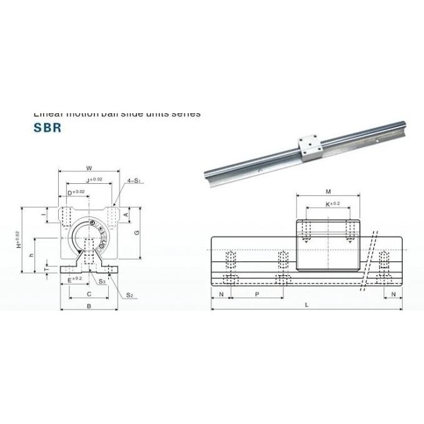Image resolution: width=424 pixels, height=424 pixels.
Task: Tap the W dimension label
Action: (x=89, y=168)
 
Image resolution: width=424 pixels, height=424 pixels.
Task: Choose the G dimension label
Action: (x=136, y=232)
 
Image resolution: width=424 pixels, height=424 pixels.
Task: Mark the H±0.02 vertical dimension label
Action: (x=18, y=240)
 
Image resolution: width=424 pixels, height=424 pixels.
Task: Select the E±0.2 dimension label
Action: (x=73, y=280)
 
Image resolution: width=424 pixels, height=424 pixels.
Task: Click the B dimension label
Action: (x=89, y=306)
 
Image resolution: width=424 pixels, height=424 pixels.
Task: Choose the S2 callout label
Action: (x=129, y=294)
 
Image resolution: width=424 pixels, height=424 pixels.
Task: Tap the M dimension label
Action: (x=328, y=191)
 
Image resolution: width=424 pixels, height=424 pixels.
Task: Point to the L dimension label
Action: (x=306, y=305)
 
